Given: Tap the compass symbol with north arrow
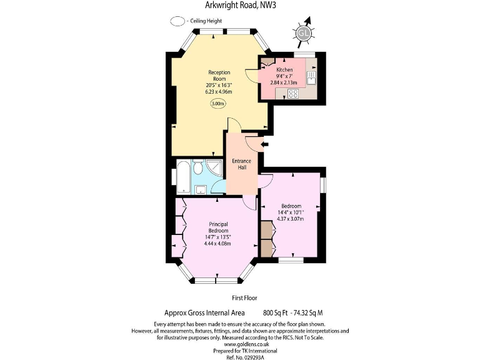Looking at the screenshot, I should [304, 32].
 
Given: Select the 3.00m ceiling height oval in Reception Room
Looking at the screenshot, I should [218, 104].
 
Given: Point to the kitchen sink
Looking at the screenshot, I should [311, 77].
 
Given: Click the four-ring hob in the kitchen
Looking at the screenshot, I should [292, 94].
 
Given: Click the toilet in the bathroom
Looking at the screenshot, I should [198, 167].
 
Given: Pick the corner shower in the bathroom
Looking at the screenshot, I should [215, 168].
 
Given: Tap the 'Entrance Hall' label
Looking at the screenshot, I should [241, 164].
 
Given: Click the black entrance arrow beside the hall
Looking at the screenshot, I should [264, 145].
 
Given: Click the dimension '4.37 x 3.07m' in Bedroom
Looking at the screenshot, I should [291, 218].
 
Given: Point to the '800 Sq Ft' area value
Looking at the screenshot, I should [276, 312].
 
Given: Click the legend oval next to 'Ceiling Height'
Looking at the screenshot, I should [177, 20].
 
